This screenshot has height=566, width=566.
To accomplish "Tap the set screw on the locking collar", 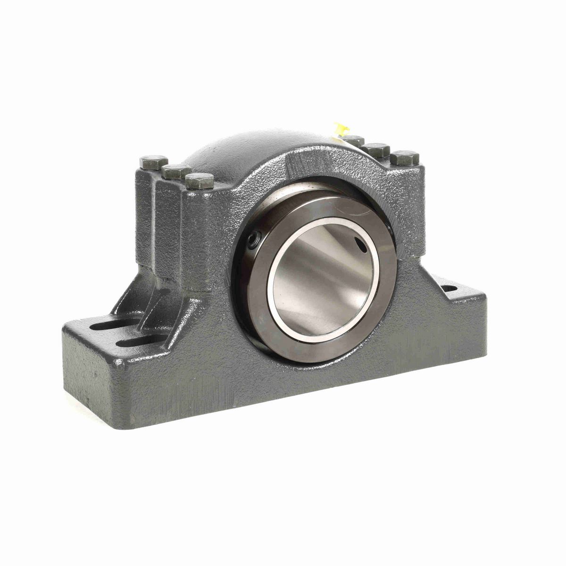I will click(253, 241).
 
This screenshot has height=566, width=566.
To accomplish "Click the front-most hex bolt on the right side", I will click(404, 157).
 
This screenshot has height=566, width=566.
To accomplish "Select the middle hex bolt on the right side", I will click(378, 150).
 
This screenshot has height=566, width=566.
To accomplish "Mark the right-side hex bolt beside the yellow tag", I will click(354, 140).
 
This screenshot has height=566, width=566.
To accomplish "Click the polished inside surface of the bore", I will click(321, 278).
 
